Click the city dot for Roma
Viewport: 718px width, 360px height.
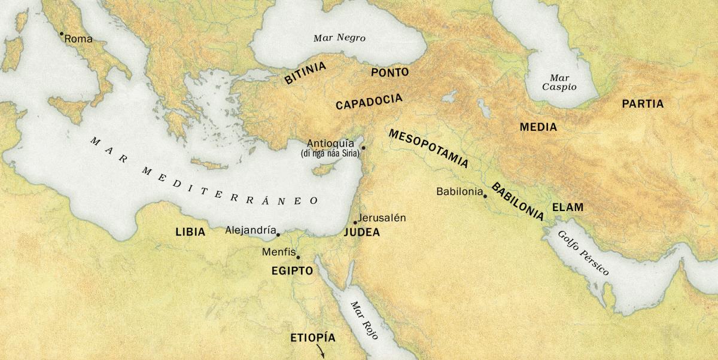tap(61, 34)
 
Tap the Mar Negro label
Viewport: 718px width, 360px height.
tap(339, 38)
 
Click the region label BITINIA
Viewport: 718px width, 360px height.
tap(305, 73)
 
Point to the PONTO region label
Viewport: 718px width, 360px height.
tap(390, 72)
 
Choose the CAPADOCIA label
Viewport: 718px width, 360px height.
tap(369, 102)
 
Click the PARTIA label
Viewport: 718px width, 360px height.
tap(643, 104)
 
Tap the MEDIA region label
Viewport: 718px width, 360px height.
tap(538, 127)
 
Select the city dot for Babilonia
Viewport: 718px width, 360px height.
tap(485, 196)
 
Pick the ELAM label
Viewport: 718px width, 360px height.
tap(567, 208)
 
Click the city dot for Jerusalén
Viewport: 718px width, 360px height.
tap(355, 222)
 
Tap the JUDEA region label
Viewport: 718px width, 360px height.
tap(361, 233)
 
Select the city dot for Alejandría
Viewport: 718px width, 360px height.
tap(278, 234)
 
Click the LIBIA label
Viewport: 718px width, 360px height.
tap(190, 232)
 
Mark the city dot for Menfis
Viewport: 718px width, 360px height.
tap(298, 258)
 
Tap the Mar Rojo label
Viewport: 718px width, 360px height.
tap(364, 321)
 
